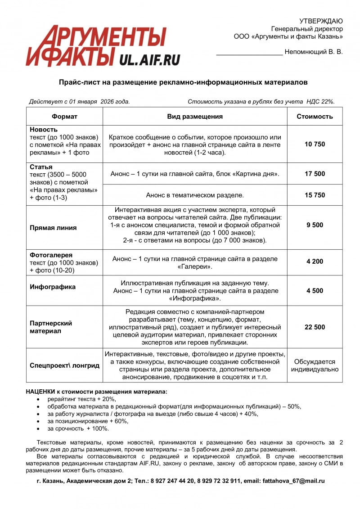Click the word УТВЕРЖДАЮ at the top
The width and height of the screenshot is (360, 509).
tap(321, 21)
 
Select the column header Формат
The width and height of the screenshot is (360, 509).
tap(64, 117)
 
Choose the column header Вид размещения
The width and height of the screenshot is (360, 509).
tap(195, 117)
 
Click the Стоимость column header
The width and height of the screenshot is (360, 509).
tap(315, 117)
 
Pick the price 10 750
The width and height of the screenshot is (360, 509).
tap(315, 144)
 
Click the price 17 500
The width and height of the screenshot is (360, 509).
tap(315, 174)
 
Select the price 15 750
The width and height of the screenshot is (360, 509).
tap(315, 195)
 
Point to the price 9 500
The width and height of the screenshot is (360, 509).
tap(315, 225)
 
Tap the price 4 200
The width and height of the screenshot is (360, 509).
tap(315, 261)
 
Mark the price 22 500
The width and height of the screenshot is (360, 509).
tap(315, 327)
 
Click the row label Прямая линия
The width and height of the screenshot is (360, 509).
tap(53, 228)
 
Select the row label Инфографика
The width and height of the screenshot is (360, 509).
tap(53, 287)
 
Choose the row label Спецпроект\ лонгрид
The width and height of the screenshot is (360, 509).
tap(64, 365)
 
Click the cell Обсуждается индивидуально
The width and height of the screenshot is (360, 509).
tap(315, 365)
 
